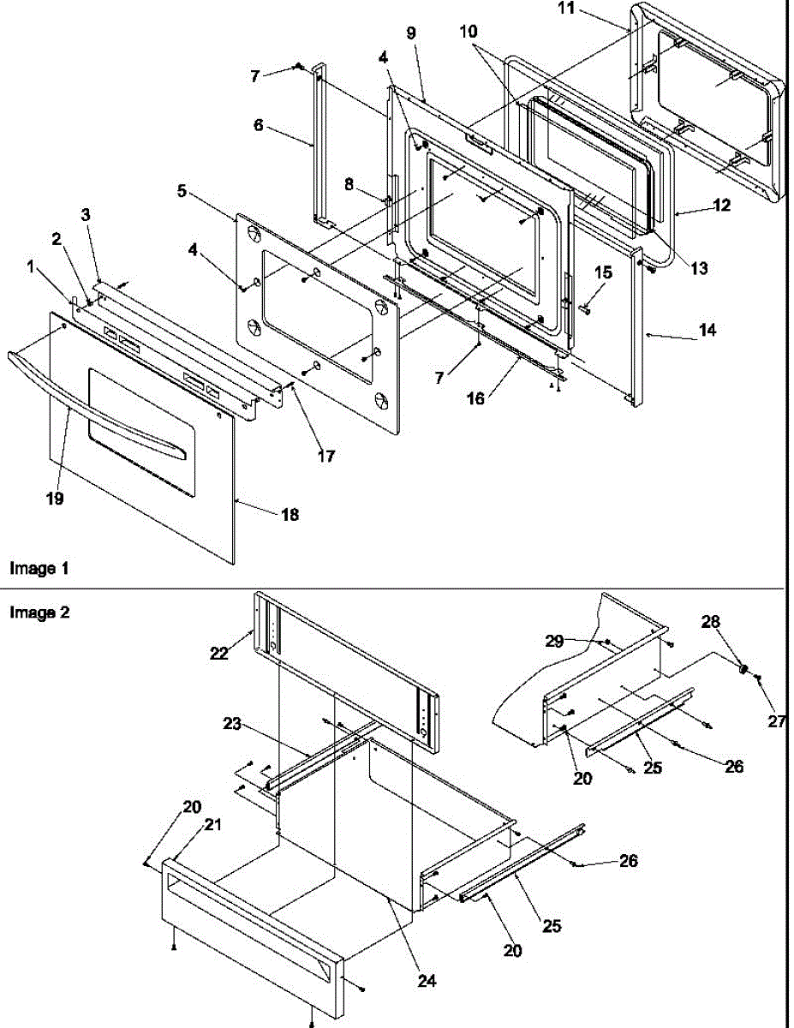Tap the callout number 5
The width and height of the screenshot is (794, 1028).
coord(182,192)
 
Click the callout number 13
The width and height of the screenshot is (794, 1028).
coord(699,269)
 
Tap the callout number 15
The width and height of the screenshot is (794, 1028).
coord(604,272)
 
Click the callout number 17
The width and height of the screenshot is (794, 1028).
coord(325,456)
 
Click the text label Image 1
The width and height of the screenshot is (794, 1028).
coord(39,568)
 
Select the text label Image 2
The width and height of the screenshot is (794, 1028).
coord(39,613)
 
